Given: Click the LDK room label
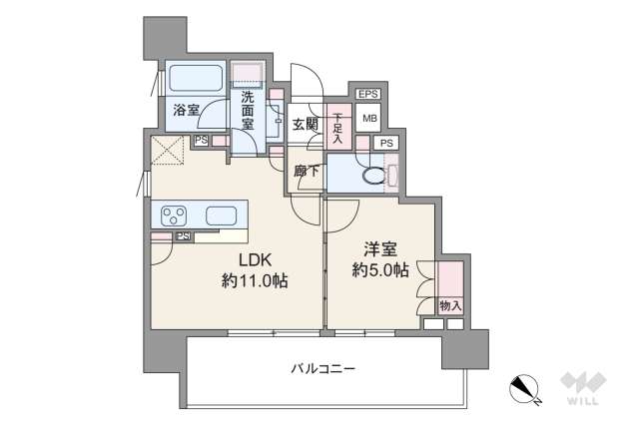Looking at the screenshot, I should coord(255,260).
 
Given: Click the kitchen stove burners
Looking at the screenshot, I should coord(173,214).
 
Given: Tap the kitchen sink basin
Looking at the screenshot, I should coord(220,214).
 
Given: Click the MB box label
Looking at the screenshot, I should coord(369,120).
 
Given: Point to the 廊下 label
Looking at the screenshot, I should coord(306,171).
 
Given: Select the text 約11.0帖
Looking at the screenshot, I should coord(255,282).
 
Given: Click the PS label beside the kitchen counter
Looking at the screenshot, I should coord(184,236).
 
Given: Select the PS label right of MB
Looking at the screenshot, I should coord(386,144).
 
